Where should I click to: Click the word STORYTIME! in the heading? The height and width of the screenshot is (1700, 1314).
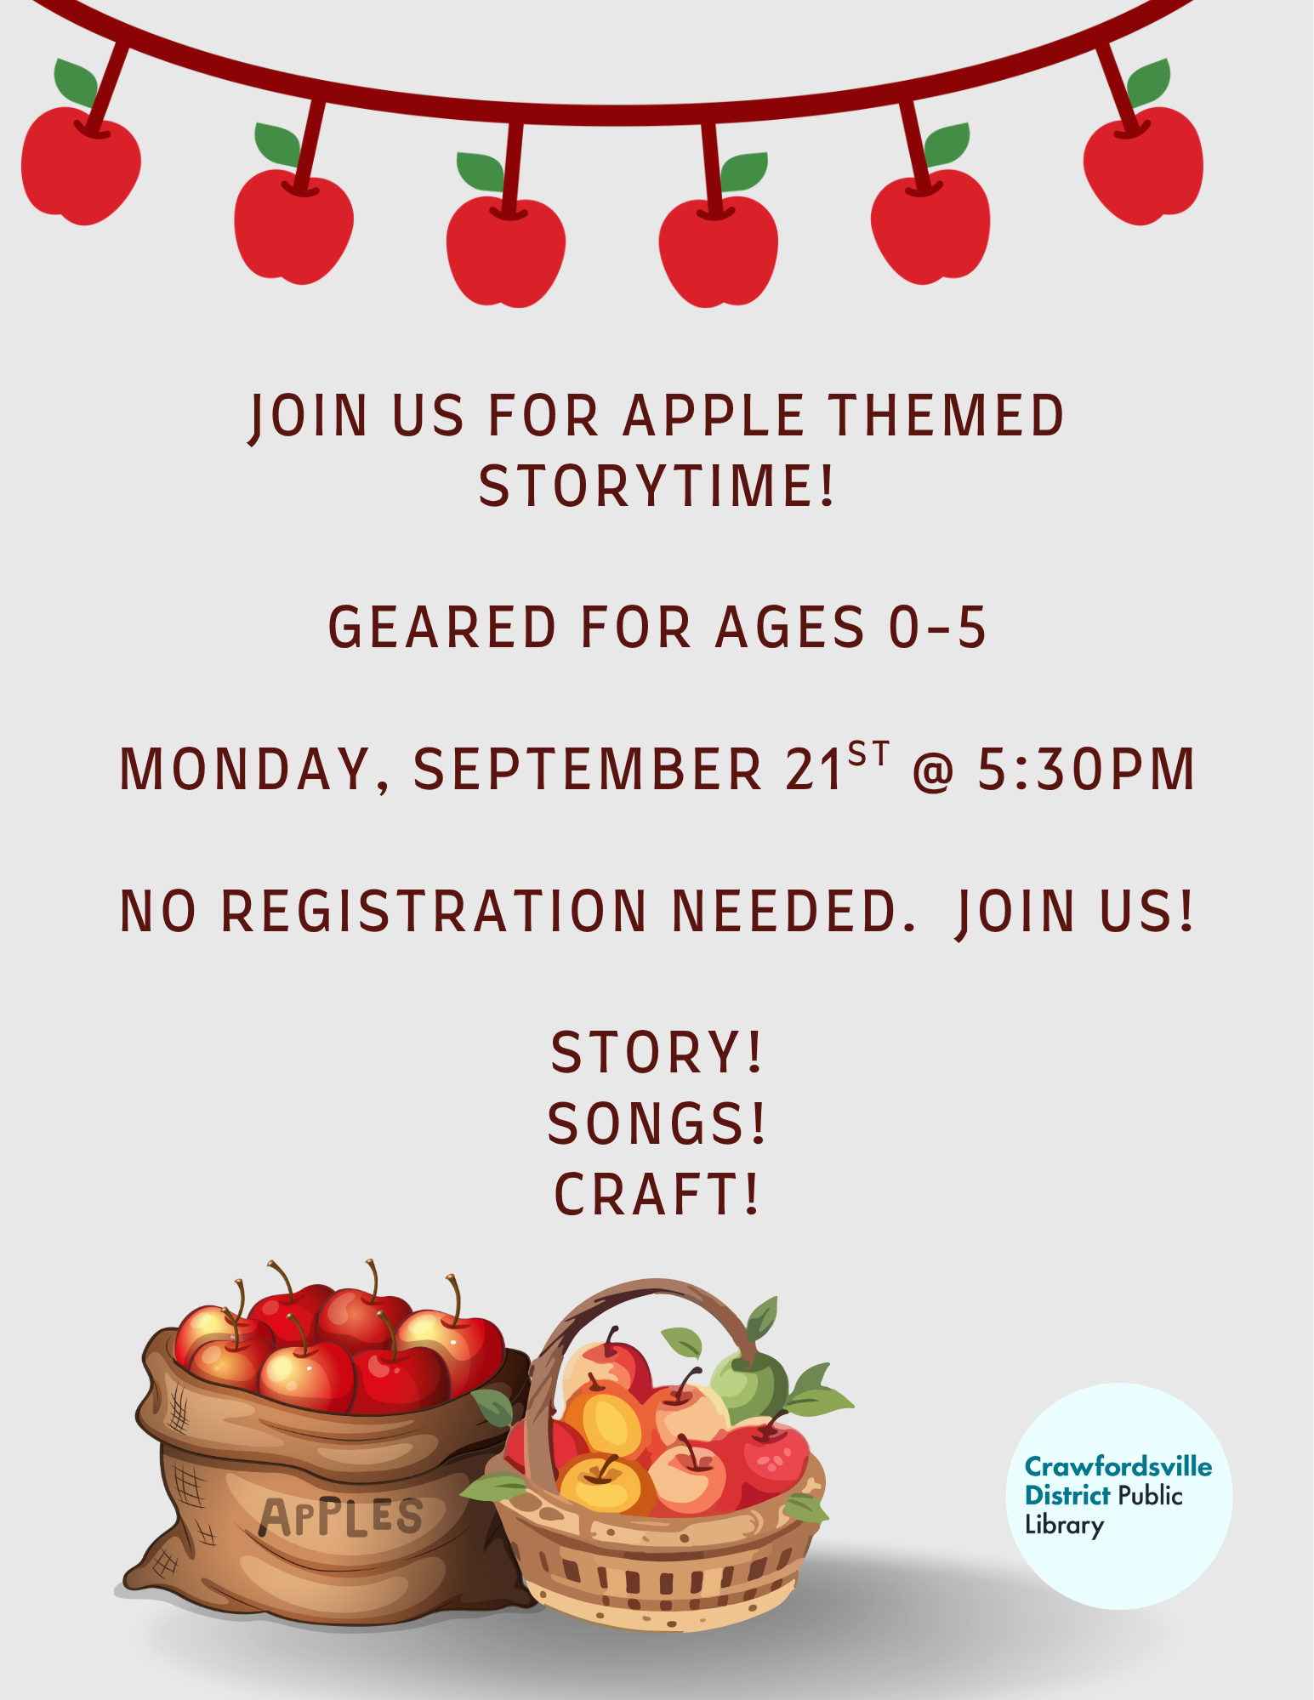pyautogui.click(x=657, y=486)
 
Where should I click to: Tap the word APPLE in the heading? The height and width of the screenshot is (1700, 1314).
pyautogui.click(x=714, y=416)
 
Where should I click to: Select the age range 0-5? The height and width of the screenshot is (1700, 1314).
pyautogui.click(x=937, y=628)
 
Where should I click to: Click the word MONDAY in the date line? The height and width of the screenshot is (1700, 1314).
pyautogui.click(x=246, y=770)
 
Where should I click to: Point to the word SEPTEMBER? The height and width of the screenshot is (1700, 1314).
pyautogui.click(x=588, y=770)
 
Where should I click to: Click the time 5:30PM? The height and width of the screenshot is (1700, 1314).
pyautogui.click(x=1086, y=770)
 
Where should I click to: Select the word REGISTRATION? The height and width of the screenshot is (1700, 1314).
pyautogui.click(x=435, y=912)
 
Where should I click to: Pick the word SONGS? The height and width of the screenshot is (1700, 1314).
pyautogui.click(x=657, y=1123)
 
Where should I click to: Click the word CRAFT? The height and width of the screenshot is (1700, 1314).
pyautogui.click(x=657, y=1195)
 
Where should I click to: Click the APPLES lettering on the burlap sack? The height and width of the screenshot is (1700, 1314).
pyautogui.click(x=340, y=1517)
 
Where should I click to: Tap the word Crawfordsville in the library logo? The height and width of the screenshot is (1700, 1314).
pyautogui.click(x=1118, y=1466)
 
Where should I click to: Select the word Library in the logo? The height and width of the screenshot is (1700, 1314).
pyautogui.click(x=1064, y=1525)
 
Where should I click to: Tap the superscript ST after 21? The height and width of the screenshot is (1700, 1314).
pyautogui.click(x=868, y=753)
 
